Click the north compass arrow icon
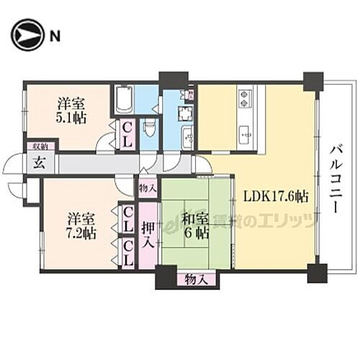click(x=27, y=35)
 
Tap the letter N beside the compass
click(x=55, y=35)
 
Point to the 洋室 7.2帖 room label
click(x=81, y=224)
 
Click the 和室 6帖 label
click(x=194, y=225)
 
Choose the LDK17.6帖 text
click(x=276, y=196)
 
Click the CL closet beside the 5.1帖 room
click(x=126, y=134)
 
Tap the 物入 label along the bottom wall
click(x=193, y=278)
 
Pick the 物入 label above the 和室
click(x=147, y=188)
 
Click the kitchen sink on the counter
click(x=245, y=134)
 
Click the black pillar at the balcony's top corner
click(x=313, y=81)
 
